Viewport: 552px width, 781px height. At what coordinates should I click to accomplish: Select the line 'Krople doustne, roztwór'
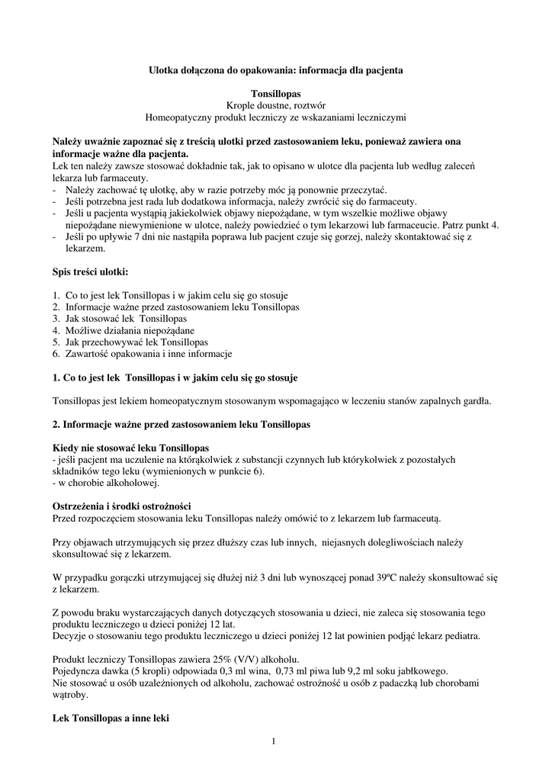(276, 105)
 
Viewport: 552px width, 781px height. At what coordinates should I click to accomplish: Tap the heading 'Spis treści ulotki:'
(90, 271)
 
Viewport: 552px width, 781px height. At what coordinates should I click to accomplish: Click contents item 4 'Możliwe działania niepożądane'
(129, 330)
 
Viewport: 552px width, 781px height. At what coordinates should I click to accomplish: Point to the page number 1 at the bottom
(273, 741)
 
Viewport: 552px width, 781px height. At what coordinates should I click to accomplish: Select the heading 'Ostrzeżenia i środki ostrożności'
(121, 507)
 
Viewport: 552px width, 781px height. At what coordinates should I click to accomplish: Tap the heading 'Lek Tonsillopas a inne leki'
(111, 718)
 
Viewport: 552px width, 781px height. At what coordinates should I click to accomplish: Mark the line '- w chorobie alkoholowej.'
(105, 483)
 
